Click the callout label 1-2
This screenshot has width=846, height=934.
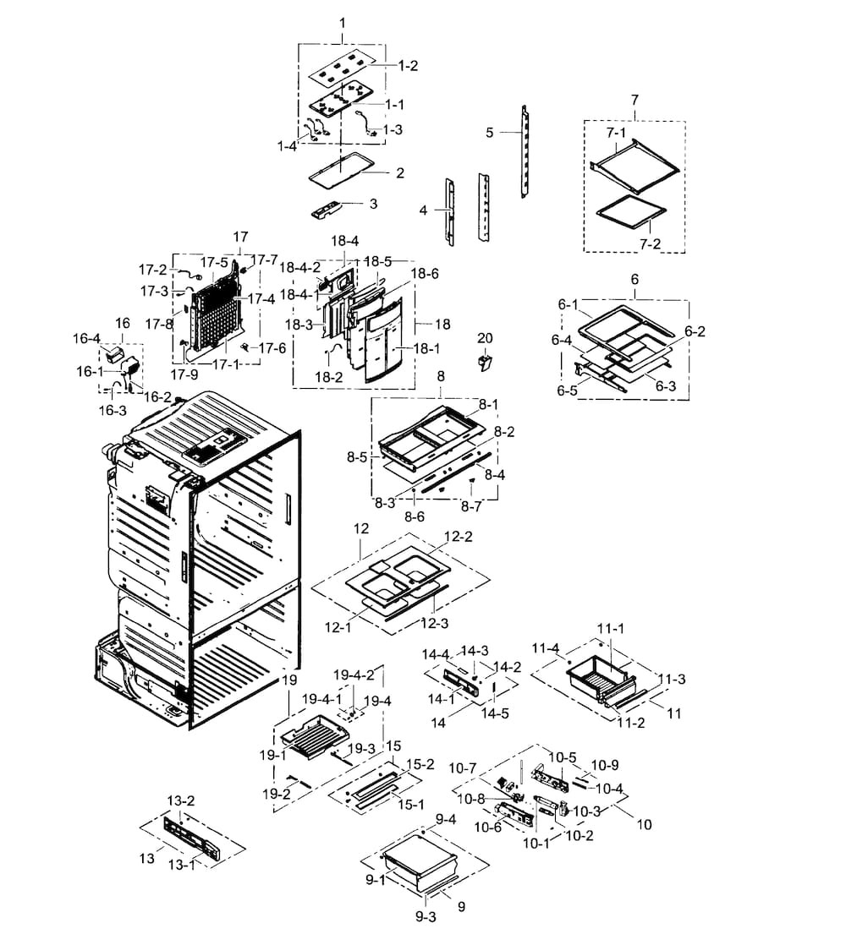(408, 65)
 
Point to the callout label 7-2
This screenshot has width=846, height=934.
(651, 243)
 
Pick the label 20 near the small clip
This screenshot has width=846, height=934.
(484, 339)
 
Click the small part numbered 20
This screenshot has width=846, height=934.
(484, 362)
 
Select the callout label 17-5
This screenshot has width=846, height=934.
(213, 262)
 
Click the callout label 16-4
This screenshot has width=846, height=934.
(86, 339)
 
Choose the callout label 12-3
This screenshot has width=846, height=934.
(434, 623)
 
